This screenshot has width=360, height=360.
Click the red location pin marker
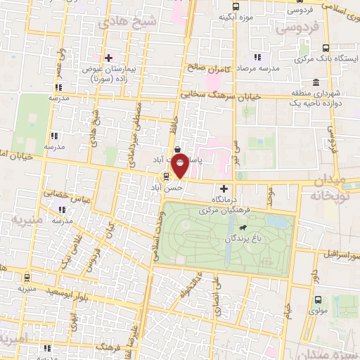[x=181, y=167]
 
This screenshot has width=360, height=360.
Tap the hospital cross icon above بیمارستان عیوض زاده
[x=108, y=58]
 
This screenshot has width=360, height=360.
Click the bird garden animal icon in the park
[x=242, y=228]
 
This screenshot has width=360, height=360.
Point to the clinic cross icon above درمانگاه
[x=224, y=188]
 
